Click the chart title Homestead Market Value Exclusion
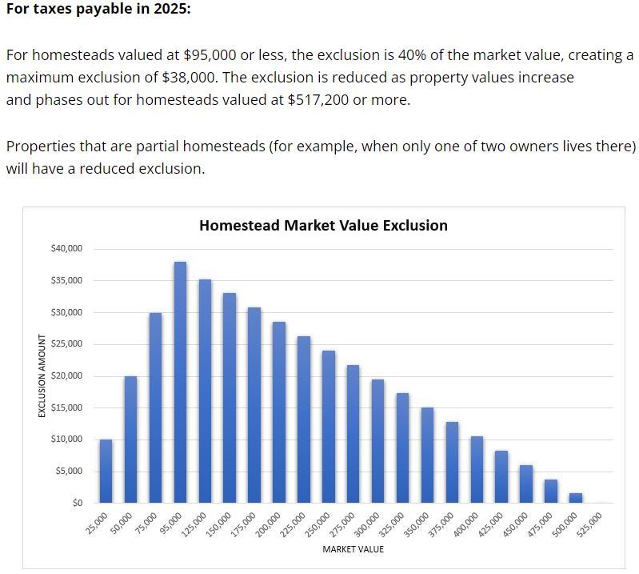(x=323, y=226)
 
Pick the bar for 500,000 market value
(x=576, y=498)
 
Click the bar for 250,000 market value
(x=329, y=426)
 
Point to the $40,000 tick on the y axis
(x=66, y=249)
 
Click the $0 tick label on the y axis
(x=76, y=503)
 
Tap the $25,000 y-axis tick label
(x=66, y=344)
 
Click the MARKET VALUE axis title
(x=353, y=549)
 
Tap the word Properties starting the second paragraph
(x=39, y=147)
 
